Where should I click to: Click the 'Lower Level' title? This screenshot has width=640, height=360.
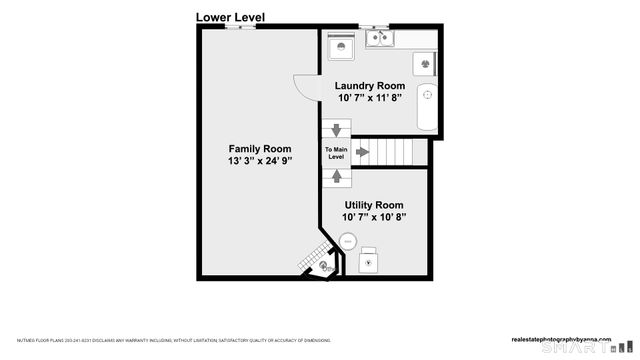(x=230, y=16)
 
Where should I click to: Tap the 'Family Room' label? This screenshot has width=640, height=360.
(x=259, y=149)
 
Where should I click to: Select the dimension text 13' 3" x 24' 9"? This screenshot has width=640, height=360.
(x=259, y=161)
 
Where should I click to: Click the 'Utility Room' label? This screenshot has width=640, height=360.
(x=374, y=204)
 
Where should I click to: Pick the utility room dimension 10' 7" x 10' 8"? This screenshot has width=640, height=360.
(x=374, y=216)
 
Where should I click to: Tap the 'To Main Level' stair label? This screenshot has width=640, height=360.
(x=336, y=153)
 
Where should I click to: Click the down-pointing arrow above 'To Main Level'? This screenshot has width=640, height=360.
(x=336, y=130)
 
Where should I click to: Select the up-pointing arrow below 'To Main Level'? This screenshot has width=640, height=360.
(x=336, y=177)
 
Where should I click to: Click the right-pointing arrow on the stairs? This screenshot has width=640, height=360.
(x=363, y=153)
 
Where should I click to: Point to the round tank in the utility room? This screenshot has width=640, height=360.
(x=348, y=241)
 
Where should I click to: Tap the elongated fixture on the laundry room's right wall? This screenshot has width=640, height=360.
(x=428, y=96)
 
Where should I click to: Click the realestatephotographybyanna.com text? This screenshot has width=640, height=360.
(x=567, y=338)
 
